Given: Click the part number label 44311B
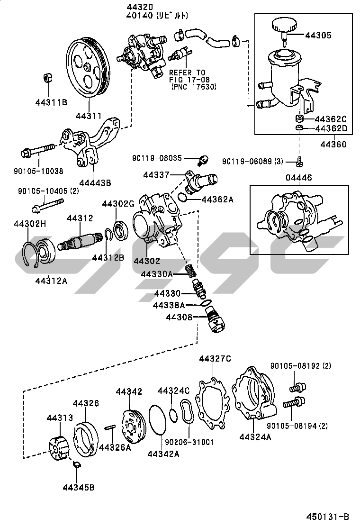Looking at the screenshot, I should click(51, 102).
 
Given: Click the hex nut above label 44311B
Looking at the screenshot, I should click(47, 78).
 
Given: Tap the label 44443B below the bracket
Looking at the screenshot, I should click(95, 182).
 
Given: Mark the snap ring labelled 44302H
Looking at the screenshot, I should click(31, 255).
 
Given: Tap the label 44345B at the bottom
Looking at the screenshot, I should click(78, 487).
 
